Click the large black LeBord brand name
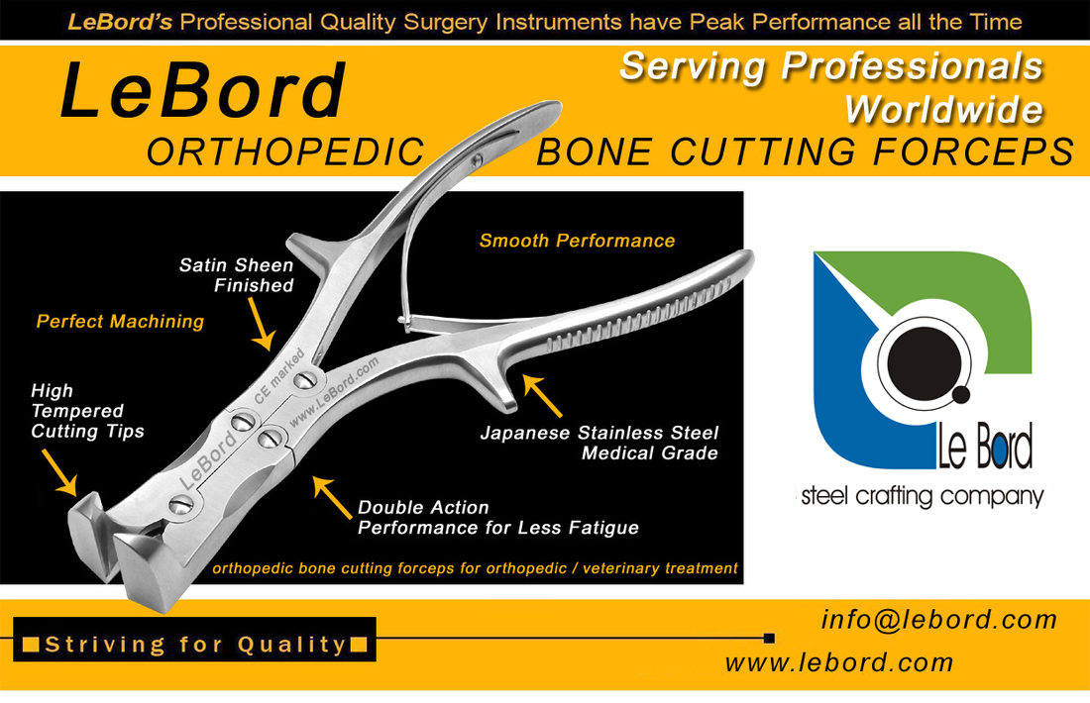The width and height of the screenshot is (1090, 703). pos(202,91)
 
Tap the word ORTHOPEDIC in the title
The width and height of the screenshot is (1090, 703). pos(285,152)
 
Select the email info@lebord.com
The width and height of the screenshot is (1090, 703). pos(939,619)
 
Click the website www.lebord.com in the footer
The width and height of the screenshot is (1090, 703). pos(839,662)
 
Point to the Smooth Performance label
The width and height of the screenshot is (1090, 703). pos(577,241)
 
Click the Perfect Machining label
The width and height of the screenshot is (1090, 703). pos(120,321)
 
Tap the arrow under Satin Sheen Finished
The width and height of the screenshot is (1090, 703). pos(261,323)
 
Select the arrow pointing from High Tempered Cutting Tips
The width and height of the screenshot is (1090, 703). pos(59,472)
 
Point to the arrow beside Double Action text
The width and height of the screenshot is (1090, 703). pos(332,497)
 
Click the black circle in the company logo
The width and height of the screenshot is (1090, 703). pos(924,363)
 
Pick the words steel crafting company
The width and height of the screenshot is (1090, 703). pos(923,497)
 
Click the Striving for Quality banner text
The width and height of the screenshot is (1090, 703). pos(195,645)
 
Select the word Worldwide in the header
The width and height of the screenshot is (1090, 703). pos(944,110)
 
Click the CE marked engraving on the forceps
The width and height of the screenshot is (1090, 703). pos(279,376)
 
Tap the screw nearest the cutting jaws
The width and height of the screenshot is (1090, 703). pos(181,505)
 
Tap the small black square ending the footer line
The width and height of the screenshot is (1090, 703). pos(769,638)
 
